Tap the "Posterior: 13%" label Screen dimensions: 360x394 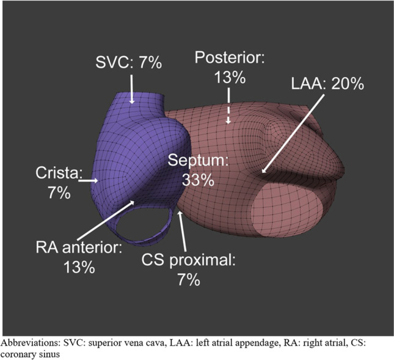pos(228,67)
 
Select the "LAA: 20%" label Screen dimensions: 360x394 pos(327,84)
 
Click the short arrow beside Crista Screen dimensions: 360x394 pos(89,181)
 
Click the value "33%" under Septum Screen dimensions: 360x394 pos(198,180)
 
